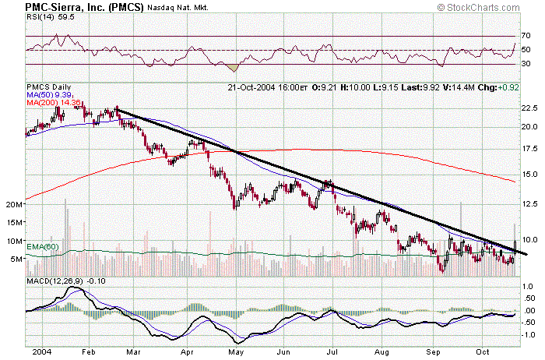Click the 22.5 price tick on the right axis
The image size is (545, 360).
pos(529,108)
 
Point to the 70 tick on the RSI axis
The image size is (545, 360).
pos(527,36)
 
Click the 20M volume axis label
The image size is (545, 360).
pos(12,204)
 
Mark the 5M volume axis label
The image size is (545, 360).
pos(16,259)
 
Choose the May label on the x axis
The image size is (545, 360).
pos(234,351)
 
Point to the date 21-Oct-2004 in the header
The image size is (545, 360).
pos(254,86)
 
